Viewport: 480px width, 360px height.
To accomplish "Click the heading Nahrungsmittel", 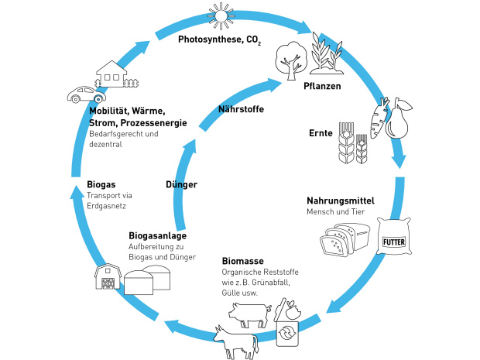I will point(341,200).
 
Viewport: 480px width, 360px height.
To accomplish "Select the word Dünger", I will point(182,184).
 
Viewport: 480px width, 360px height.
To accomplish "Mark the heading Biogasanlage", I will point(157,235).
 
